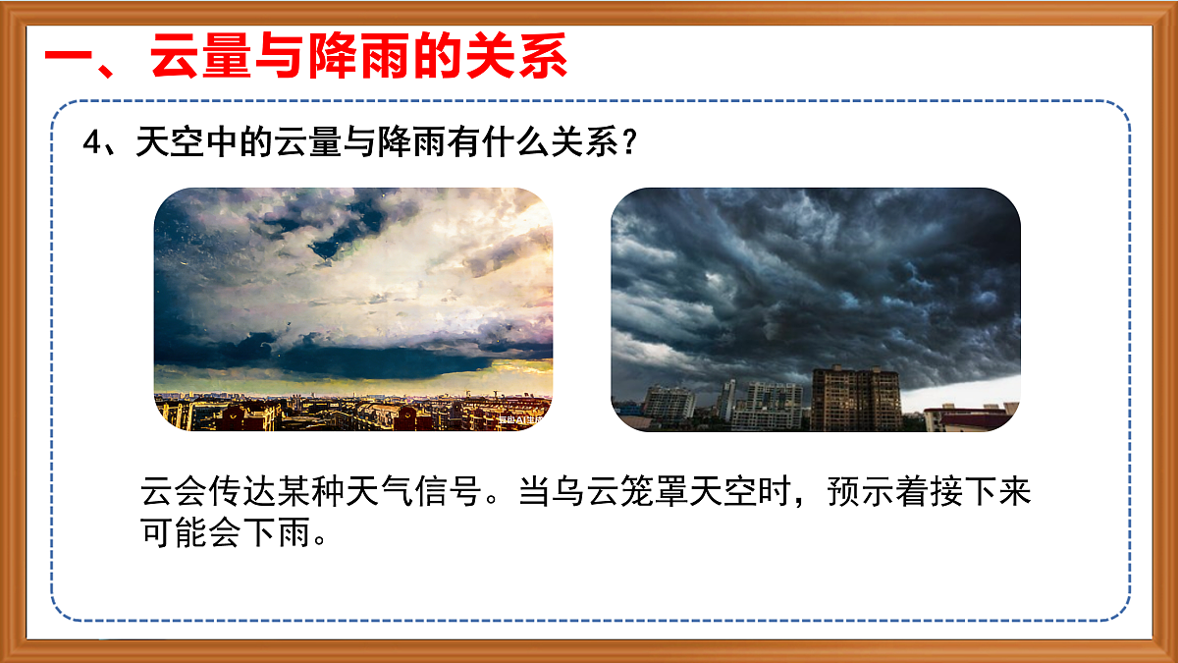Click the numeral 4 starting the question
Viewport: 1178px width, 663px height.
tap(92, 144)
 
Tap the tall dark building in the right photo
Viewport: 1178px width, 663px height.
tap(856, 398)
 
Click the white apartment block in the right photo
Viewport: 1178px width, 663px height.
tap(767, 405)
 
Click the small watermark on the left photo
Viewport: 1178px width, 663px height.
tap(520, 420)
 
